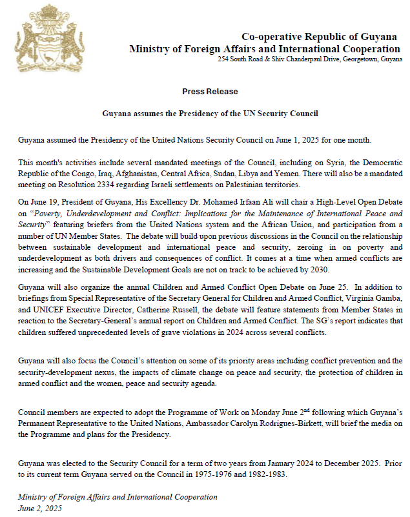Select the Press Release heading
point(210,92)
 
